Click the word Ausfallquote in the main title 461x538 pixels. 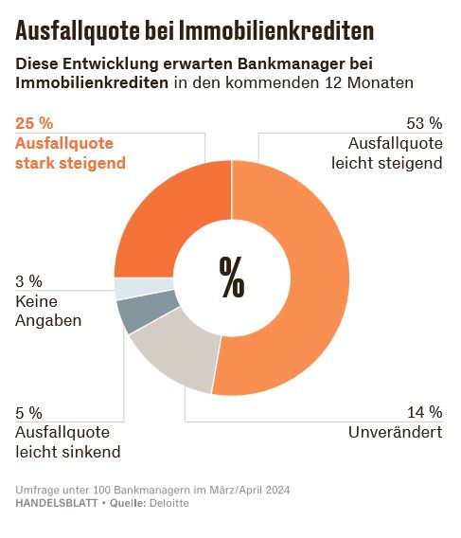[x=77, y=31]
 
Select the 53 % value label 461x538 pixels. [x=423, y=123]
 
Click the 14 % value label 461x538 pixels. [x=423, y=412]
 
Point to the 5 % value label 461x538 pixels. [x=29, y=412]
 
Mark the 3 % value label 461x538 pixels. [x=29, y=281]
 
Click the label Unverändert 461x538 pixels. [x=395, y=432]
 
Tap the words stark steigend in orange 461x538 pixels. [x=71, y=163]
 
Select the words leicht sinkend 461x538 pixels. [x=67, y=451]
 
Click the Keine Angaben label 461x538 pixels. [x=48, y=311]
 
